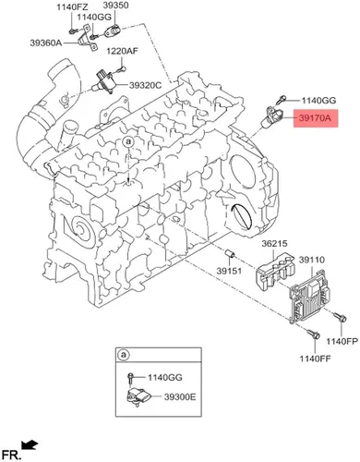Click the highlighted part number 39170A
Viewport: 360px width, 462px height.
[316, 118]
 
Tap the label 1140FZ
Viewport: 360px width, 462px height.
[72, 6]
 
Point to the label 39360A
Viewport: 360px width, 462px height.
[46, 43]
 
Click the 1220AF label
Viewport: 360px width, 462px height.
[122, 51]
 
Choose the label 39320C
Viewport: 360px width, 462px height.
[145, 85]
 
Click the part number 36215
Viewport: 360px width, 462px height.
[274, 244]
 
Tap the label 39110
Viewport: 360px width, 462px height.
[312, 260]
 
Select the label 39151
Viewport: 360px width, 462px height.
[229, 271]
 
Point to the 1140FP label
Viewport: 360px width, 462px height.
[342, 341]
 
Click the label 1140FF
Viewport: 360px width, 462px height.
[316, 359]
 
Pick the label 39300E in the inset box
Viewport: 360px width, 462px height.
[180, 397]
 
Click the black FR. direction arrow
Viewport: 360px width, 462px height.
[30, 444]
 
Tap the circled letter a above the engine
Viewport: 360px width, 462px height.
[128, 142]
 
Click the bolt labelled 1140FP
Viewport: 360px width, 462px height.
[341, 317]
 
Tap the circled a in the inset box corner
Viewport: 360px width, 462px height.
[124, 355]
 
